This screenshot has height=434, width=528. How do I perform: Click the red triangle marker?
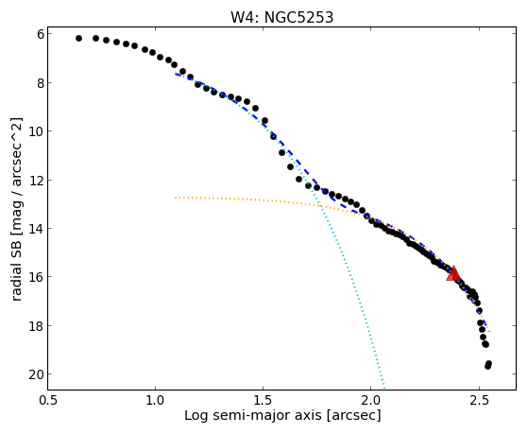453,273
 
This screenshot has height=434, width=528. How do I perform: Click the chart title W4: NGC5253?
281,17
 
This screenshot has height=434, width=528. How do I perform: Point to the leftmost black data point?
78,39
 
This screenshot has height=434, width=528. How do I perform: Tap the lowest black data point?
488,366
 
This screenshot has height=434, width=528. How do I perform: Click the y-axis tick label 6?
41,34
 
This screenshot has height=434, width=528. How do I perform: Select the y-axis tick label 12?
37,180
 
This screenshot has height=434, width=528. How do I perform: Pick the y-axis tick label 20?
37,374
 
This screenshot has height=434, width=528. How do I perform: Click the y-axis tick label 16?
37,277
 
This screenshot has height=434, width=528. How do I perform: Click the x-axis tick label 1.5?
263,400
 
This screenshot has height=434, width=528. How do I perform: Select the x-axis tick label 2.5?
479,400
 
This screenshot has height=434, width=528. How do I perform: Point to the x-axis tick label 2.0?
370,400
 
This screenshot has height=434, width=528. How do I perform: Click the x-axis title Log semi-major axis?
253,415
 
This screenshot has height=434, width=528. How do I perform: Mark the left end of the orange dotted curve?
176,198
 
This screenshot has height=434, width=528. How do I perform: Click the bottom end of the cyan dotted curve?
383,387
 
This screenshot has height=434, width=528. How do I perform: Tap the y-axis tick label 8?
41,83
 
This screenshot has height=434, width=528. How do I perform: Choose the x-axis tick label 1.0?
155,400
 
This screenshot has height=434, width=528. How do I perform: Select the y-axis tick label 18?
37,326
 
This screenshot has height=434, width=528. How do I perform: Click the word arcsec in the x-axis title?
351,415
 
